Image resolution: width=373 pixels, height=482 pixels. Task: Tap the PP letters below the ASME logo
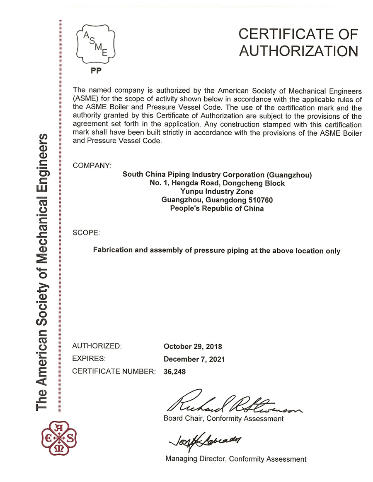(x=96, y=70)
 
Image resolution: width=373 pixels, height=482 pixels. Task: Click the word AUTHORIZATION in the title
(x=298, y=51)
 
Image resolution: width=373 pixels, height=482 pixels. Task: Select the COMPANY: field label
(x=92, y=165)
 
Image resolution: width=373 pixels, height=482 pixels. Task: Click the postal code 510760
(x=259, y=200)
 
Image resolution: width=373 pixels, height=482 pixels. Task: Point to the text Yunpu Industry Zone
(x=217, y=192)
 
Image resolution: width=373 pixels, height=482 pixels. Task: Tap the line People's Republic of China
(x=217, y=209)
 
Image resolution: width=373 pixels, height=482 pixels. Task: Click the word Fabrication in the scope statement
(x=113, y=251)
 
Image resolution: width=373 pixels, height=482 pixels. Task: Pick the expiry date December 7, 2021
(x=194, y=359)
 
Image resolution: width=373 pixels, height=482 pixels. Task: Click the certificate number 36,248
(x=175, y=372)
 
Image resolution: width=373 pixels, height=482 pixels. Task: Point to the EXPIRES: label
(x=89, y=359)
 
